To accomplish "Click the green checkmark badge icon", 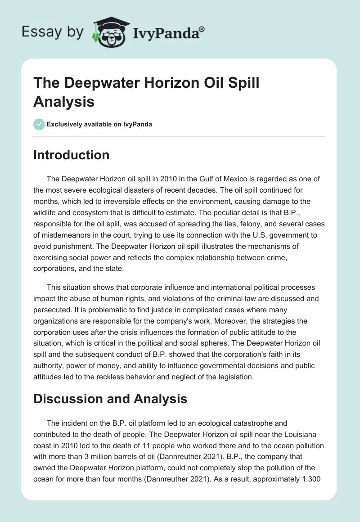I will pyautogui.click(x=39, y=124).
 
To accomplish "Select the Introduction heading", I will pyautogui.click(x=71, y=155).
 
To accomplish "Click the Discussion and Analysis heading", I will pyautogui.click(x=110, y=399).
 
